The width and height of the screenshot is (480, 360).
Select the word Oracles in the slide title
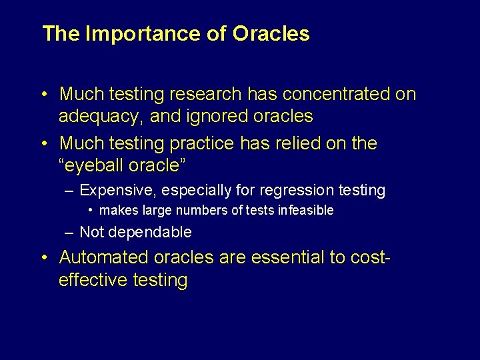[x=271, y=34]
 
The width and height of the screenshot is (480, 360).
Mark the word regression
[x=297, y=191]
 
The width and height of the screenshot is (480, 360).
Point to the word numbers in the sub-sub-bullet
[x=200, y=211]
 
